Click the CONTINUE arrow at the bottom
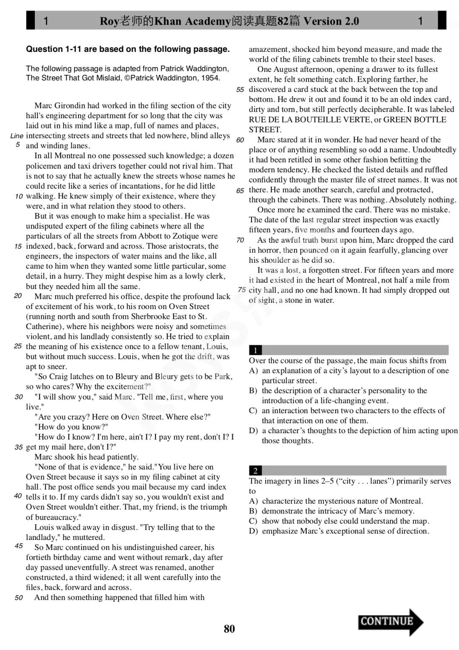point(390,622)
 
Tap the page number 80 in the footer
point(229,629)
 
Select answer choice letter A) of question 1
point(253,371)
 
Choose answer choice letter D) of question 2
point(253,531)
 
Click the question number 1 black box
point(255,350)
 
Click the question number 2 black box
point(255,471)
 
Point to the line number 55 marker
point(240,90)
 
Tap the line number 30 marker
point(19,397)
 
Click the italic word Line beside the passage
point(17,136)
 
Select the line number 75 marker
point(242,290)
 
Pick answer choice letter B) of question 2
point(253,511)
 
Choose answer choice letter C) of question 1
point(253,411)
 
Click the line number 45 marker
point(19,546)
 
